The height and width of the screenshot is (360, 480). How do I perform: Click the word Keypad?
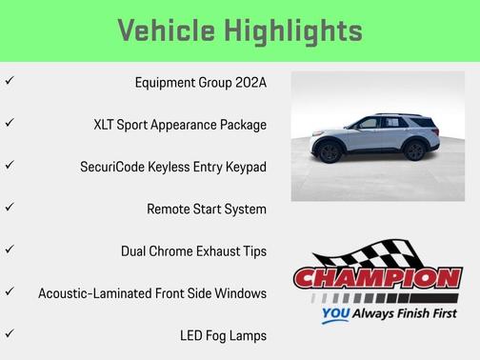tap(244, 167)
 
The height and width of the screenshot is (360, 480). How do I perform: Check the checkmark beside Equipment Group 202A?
tap(9, 82)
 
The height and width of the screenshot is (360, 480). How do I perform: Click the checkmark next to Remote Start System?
tap(9, 208)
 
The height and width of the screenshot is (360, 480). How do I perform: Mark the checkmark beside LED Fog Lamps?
tap(9, 334)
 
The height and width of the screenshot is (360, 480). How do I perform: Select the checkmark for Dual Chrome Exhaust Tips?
tap(9, 250)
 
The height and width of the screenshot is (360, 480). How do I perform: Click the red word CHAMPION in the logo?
tap(378, 280)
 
